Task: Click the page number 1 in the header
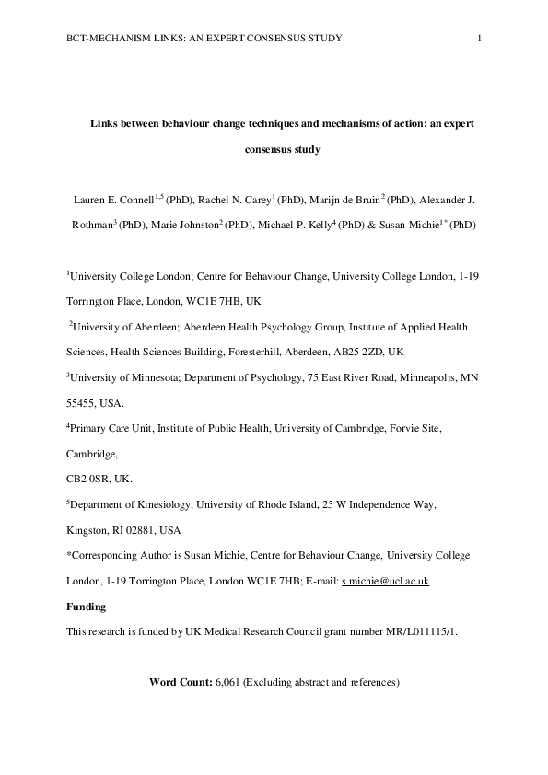[x=481, y=38]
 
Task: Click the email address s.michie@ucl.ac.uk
[x=385, y=582]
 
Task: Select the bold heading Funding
[x=87, y=607]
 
